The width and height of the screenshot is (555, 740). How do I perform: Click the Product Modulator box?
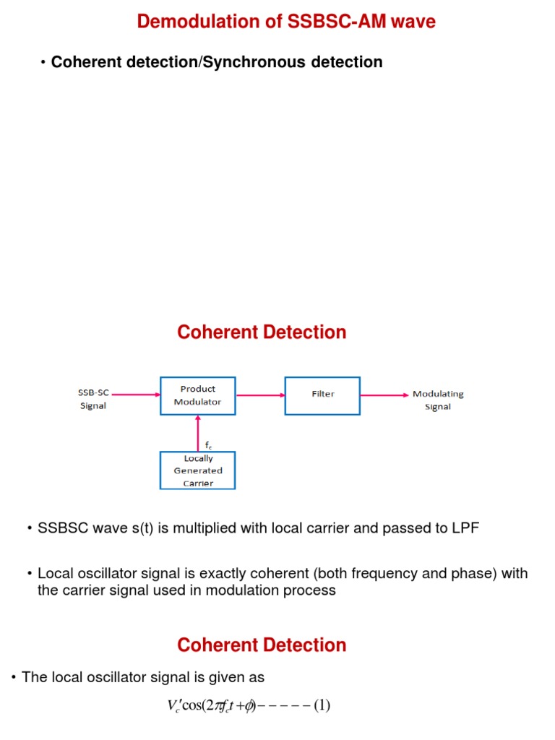tap(198, 395)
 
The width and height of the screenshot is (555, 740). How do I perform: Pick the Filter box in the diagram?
tap(323, 395)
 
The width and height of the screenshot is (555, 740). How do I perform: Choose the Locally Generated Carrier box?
tap(198, 470)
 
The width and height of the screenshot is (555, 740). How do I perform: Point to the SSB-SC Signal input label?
tap(93, 400)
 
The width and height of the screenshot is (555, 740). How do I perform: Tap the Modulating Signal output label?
tap(438, 400)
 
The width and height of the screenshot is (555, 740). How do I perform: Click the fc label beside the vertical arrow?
tap(209, 447)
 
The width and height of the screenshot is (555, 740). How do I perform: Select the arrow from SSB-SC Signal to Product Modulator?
tap(135, 395)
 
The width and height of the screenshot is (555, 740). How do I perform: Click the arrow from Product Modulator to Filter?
tap(260, 395)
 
